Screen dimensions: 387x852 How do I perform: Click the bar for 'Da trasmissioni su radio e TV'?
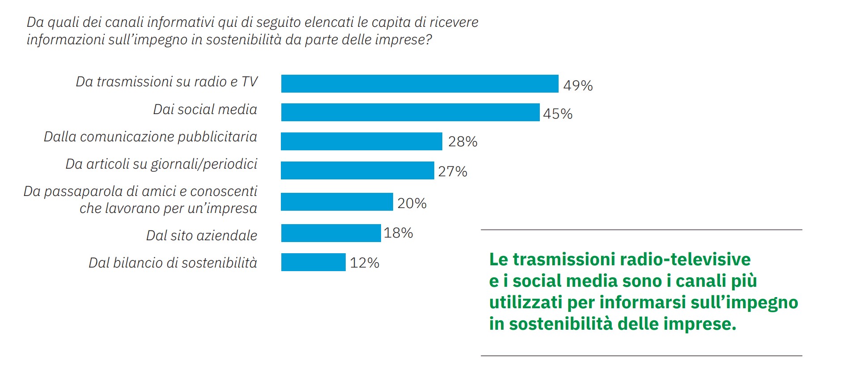click(x=420, y=84)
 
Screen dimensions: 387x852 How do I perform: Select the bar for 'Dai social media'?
click(x=410, y=112)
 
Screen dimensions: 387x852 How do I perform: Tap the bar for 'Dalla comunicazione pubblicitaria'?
click(x=361, y=141)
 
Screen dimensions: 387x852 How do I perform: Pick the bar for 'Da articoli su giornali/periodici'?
click(x=357, y=170)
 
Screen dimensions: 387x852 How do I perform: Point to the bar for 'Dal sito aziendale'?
click(x=331, y=233)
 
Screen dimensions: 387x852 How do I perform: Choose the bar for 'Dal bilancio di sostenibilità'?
click(x=313, y=262)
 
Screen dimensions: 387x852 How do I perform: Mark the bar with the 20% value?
click(x=337, y=202)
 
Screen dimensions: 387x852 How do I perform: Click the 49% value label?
click(x=578, y=85)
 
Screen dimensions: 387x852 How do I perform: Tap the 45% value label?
click(x=558, y=114)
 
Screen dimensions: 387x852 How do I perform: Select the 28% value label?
click(x=463, y=142)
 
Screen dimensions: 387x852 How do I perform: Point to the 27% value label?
click(x=453, y=171)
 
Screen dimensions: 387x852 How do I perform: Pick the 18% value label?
click(x=398, y=233)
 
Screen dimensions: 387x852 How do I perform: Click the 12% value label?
click(x=365, y=263)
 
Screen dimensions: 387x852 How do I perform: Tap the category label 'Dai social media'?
click(x=205, y=110)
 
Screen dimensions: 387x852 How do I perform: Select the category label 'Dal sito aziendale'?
click(x=202, y=235)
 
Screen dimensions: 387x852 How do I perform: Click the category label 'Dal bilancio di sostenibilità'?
click(x=173, y=263)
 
